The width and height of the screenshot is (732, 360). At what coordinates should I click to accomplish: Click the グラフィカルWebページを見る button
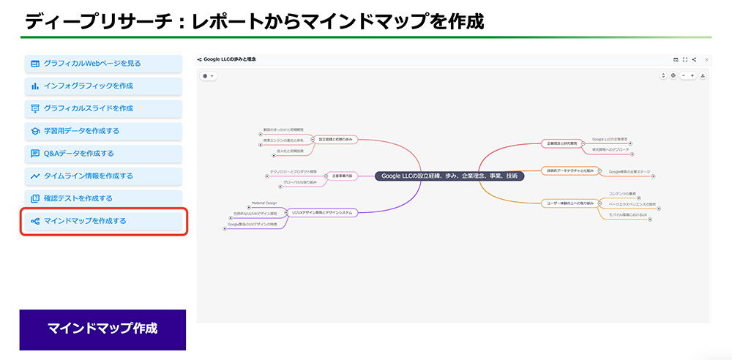pos(102,64)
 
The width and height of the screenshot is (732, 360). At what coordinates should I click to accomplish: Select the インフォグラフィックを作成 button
pos(102,86)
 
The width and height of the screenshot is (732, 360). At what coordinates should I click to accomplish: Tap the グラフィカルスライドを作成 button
pos(102,108)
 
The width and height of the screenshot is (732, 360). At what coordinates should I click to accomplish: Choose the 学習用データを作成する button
pos(102,131)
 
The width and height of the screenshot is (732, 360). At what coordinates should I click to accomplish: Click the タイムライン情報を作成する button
pos(102,176)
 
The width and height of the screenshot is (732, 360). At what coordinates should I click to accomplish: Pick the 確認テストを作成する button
pos(102,198)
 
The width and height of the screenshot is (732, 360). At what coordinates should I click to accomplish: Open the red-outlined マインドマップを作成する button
pos(103,221)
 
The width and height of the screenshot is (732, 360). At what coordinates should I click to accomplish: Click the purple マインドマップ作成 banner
pos(102,329)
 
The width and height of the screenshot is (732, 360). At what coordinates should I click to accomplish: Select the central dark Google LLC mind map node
pos(449,176)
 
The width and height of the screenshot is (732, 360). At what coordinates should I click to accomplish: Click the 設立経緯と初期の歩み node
pos(335,139)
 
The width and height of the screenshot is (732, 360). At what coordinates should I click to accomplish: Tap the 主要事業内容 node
pos(342,176)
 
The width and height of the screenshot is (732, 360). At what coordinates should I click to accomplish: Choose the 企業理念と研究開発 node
pos(562,143)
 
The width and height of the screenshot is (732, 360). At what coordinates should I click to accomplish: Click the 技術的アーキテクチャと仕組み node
pos(569,171)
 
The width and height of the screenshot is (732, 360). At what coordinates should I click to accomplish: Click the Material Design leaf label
pos(264,203)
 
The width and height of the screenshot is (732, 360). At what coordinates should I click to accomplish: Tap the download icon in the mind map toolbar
pos(703,75)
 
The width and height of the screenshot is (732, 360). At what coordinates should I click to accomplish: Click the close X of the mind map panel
pos(706,59)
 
